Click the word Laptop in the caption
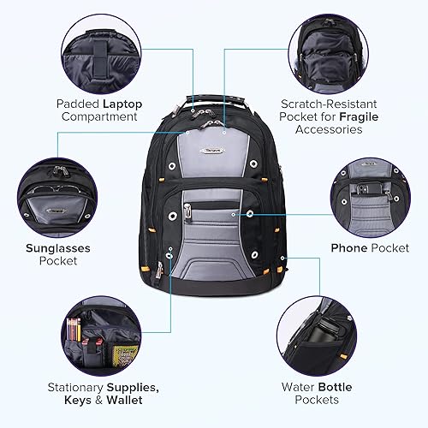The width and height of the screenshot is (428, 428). coord(122,104)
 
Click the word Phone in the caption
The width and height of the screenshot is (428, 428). coord(348,247)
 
